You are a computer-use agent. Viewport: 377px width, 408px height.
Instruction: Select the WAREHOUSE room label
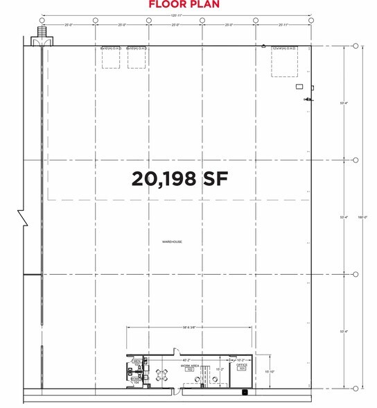click(172, 241)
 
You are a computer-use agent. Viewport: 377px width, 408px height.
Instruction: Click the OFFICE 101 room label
click(241, 367)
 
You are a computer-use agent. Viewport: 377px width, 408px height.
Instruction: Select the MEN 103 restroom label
click(137, 362)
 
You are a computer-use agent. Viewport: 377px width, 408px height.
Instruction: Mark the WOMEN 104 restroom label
click(136, 378)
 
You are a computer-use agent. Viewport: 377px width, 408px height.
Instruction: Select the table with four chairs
click(163, 377)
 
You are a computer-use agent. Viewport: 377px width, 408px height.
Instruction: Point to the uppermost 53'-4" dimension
click(344, 103)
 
